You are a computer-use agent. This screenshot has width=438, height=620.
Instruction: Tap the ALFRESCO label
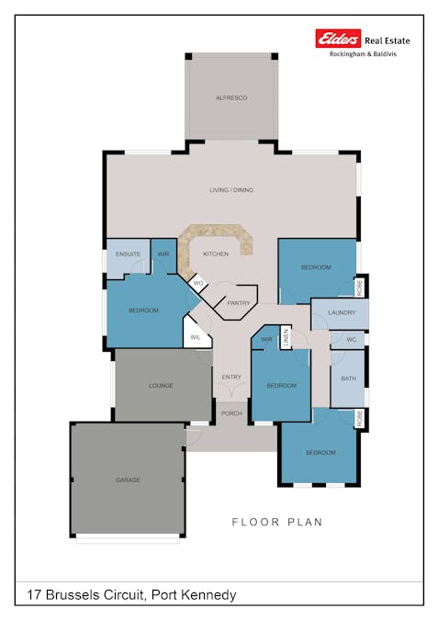(231, 97)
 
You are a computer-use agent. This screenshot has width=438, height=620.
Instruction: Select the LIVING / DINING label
(231, 190)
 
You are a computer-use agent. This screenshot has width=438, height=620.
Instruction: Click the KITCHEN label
(216, 254)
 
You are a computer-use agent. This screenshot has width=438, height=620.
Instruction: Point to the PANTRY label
(238, 302)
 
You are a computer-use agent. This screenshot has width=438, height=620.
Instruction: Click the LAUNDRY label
(341, 313)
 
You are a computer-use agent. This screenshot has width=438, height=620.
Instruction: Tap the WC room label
(351, 340)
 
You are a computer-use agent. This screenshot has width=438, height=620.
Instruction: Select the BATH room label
(348, 378)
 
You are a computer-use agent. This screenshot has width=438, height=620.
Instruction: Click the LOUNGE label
(162, 386)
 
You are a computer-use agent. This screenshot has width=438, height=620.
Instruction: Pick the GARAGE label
(128, 480)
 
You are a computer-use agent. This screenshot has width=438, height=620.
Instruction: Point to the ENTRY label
(231, 377)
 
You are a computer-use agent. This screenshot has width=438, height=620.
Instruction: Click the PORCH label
(231, 413)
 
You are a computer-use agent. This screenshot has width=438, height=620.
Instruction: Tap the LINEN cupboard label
(286, 338)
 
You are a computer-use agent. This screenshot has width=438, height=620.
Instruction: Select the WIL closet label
(196, 338)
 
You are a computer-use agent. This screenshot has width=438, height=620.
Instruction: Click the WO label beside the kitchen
(197, 283)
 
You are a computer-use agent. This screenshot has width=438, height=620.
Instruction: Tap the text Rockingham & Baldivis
(369, 54)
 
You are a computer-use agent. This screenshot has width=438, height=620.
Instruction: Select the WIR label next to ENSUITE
(163, 254)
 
